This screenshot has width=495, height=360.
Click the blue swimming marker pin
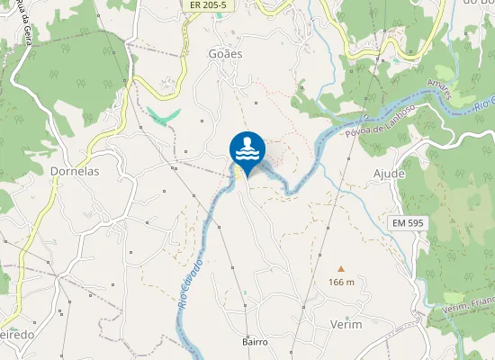[x=247, y=150]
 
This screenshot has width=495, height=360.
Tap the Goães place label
[x=226, y=54]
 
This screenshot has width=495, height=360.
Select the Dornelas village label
[x=74, y=170]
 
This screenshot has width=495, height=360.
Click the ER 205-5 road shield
[x=208, y=5]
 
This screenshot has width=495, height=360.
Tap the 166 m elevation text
[x=341, y=283]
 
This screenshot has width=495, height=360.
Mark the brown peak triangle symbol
[x=341, y=268]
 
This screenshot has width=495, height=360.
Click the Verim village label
[x=346, y=324]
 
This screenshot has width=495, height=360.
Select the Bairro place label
[x=256, y=342]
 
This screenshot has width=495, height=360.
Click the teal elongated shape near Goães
[x=164, y=117]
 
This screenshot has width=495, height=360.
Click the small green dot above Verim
[x=346, y=318]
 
